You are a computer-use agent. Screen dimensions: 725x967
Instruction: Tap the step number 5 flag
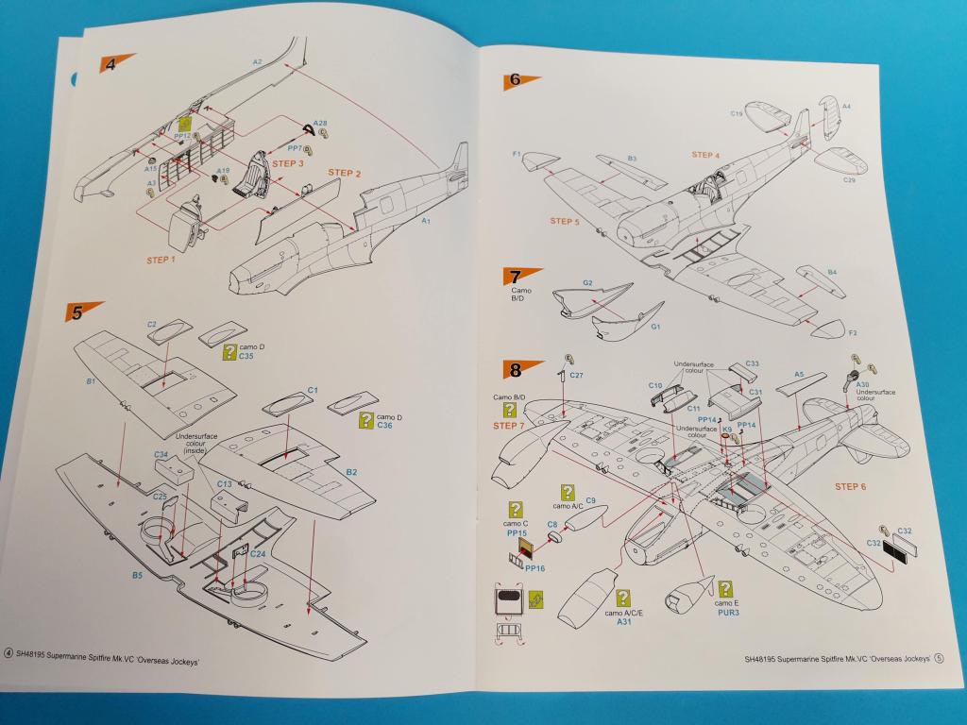coord(81,311)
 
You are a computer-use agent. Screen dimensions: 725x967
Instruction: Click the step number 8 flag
coord(520,370)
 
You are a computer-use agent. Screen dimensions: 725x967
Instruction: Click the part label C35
coord(246,357)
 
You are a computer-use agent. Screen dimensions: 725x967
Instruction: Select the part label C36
coord(383,426)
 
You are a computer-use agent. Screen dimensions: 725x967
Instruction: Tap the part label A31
coord(623,621)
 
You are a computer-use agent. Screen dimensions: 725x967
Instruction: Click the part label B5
coord(138,574)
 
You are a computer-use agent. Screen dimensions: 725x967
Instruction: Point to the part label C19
coord(737,114)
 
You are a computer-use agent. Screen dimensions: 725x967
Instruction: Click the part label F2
coord(853,332)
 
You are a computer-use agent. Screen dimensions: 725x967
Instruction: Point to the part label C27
coord(576,376)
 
